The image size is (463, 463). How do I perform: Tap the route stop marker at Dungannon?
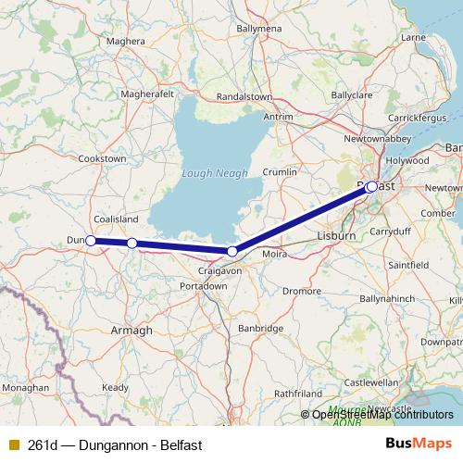90,241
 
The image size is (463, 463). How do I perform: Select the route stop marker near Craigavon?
232,252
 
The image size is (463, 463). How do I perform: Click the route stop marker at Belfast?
371,186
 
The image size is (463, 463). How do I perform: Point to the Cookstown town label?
102,159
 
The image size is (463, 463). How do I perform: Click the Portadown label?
204,286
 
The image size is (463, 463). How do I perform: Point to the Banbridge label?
261,328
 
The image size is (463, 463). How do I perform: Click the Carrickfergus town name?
418,119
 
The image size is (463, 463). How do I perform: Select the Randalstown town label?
244,96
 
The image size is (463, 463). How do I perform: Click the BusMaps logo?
419,444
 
